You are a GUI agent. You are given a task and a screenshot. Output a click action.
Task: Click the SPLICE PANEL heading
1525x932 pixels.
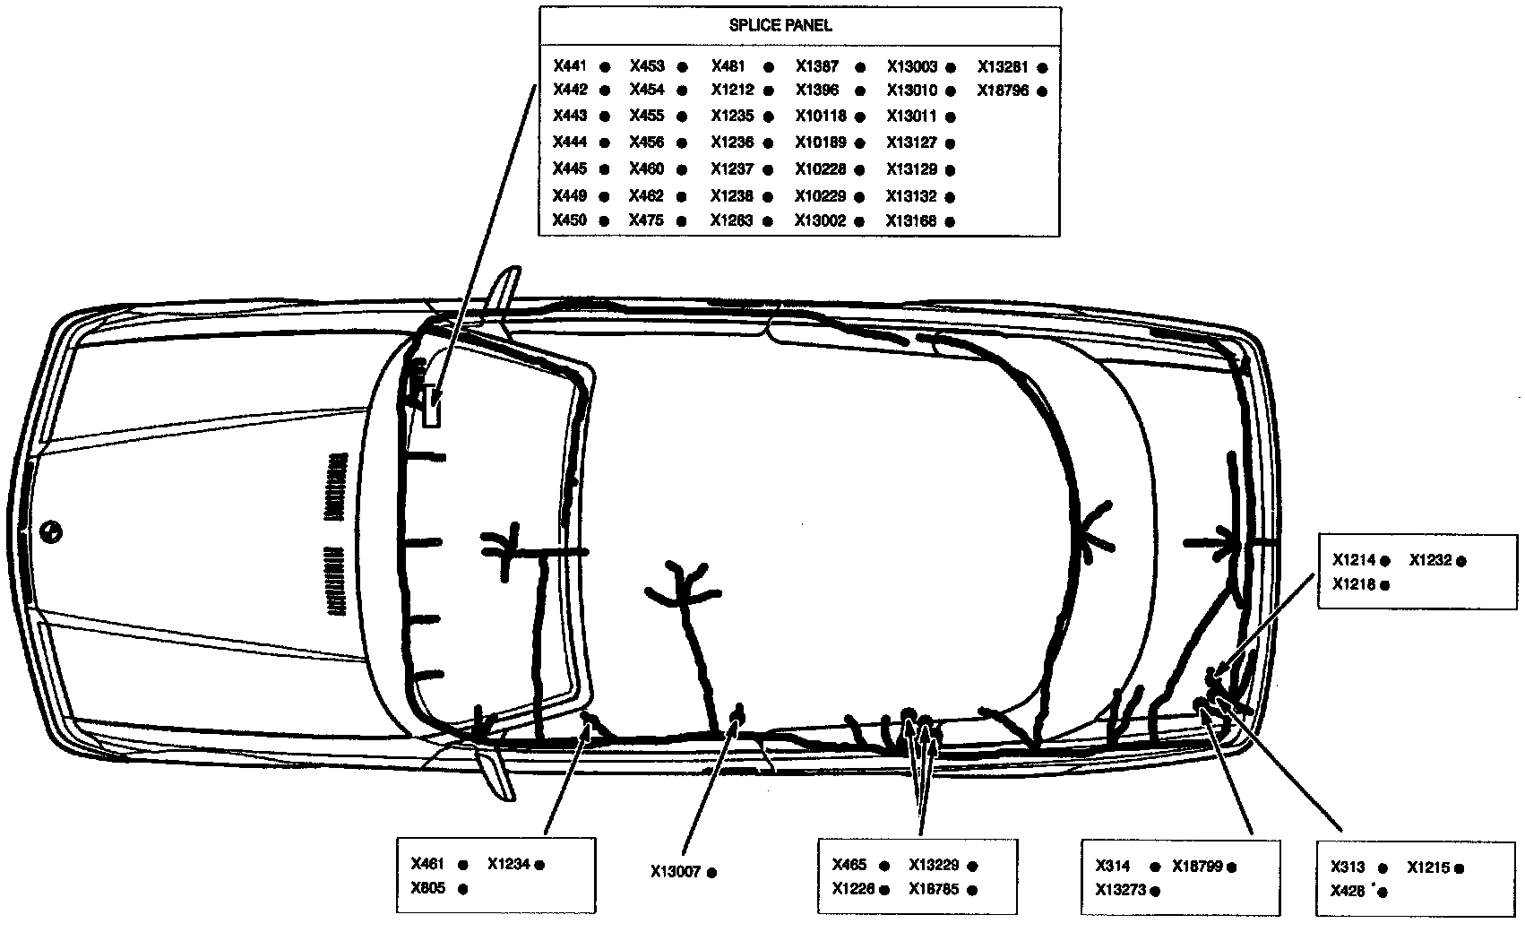pyautogui.click(x=780, y=25)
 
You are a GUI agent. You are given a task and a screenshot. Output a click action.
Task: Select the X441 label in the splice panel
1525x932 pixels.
pyautogui.click(x=570, y=65)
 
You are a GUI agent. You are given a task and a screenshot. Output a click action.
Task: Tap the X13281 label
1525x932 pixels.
pyautogui.click(x=1002, y=66)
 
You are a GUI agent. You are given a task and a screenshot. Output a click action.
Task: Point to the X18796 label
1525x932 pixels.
pyautogui.click(x=1002, y=91)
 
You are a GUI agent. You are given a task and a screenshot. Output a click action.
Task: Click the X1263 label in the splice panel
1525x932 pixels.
pyautogui.click(x=732, y=220)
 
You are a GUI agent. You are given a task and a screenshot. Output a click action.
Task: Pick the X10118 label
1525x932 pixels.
pyautogui.click(x=821, y=116)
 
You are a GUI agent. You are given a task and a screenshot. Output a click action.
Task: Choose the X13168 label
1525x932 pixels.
pyautogui.click(x=911, y=220)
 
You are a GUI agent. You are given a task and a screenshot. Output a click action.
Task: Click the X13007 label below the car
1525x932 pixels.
pyautogui.click(x=676, y=871)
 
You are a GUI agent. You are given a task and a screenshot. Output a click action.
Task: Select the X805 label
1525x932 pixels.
pyautogui.click(x=427, y=888)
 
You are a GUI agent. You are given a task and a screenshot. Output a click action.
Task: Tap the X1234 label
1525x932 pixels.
pyautogui.click(x=509, y=864)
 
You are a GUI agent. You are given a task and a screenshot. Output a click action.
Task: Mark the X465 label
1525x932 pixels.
pyautogui.click(x=849, y=865)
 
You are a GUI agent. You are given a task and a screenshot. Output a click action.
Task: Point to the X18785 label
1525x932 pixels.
pyautogui.click(x=934, y=889)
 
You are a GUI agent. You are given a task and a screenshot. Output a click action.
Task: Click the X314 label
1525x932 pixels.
pyautogui.click(x=1112, y=866)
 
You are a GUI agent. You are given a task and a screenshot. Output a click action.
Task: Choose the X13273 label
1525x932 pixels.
pyautogui.click(x=1120, y=890)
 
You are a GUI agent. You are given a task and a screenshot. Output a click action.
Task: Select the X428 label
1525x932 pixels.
pyautogui.click(x=1347, y=891)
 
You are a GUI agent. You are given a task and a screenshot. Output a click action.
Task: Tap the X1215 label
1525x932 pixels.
pyautogui.click(x=1429, y=867)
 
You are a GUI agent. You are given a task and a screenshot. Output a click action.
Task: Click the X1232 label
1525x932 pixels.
pyautogui.click(x=1430, y=560)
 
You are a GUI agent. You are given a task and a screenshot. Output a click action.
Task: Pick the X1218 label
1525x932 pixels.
pyautogui.click(x=1353, y=584)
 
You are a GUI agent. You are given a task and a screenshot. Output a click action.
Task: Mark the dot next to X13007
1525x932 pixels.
pyautogui.click(x=712, y=872)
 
